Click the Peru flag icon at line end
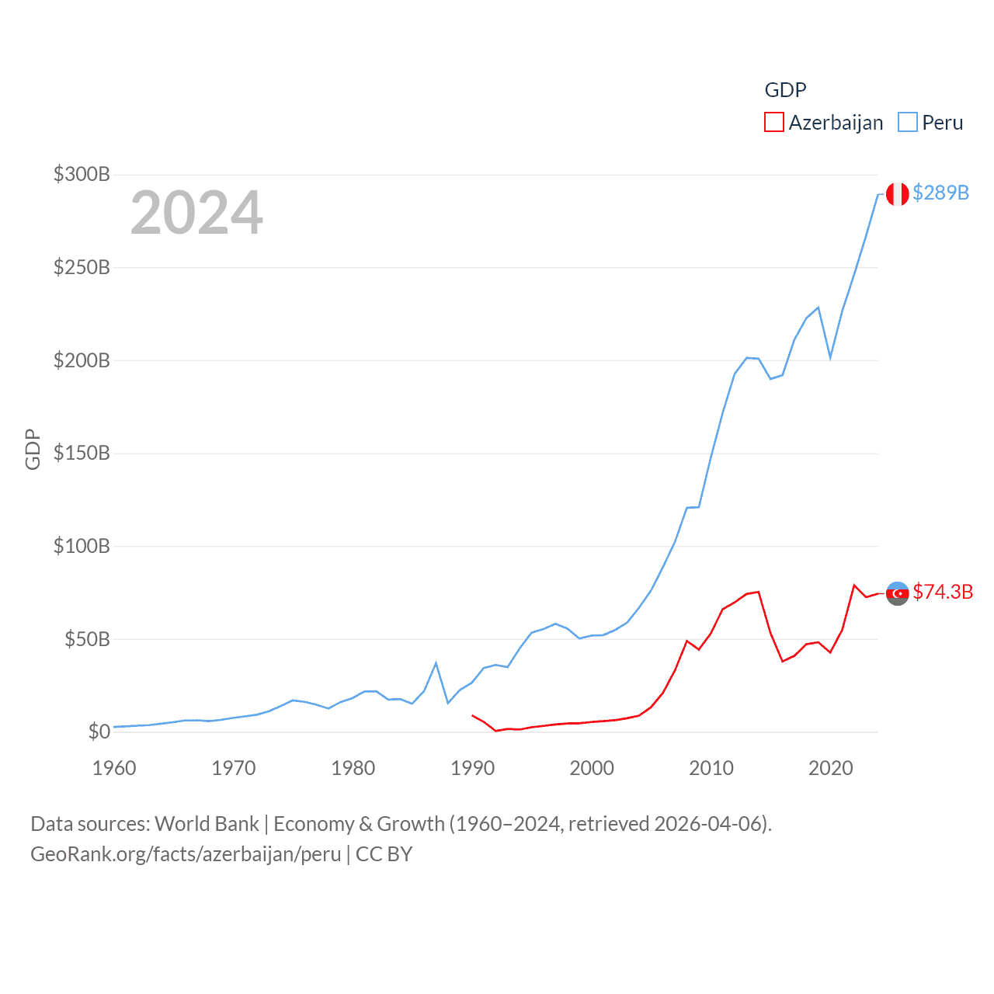897,194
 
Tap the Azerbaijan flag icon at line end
897,593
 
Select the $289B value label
940,193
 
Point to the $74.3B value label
943,592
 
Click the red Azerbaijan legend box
774,123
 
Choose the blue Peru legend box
907,123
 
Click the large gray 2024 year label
196,213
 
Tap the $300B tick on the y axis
82,174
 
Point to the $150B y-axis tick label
82,453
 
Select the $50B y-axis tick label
86,639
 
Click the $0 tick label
99,732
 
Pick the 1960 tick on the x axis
114,768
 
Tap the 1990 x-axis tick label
472,768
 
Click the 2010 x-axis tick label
711,768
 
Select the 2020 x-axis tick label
830,768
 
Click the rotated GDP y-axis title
33,449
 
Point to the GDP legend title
785,90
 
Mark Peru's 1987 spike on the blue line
436,663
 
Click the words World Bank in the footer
207,823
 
